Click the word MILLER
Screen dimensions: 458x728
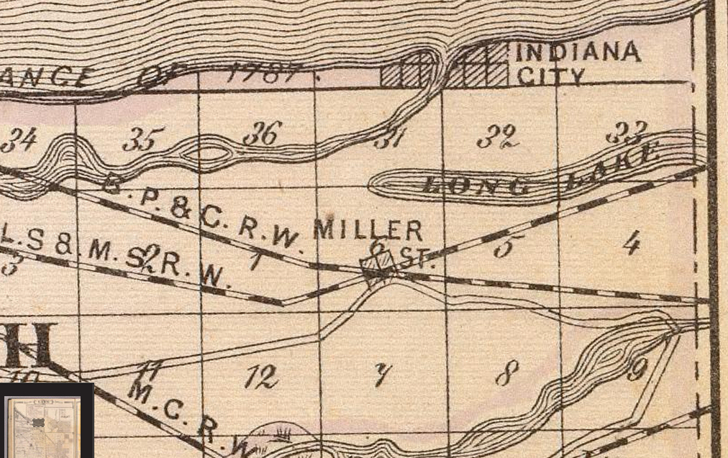[x=368, y=230]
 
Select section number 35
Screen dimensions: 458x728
[x=139, y=139]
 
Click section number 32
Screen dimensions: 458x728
[x=501, y=136]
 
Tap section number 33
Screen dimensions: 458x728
[x=627, y=132]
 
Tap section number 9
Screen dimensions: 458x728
[x=636, y=370]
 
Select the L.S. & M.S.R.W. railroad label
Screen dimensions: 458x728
[x=115, y=259]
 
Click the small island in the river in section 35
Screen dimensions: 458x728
[x=208, y=153]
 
